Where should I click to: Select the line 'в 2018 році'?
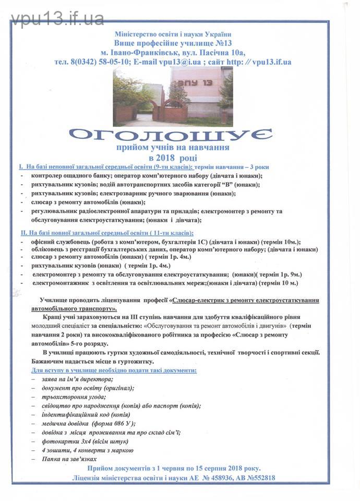pos(173,157)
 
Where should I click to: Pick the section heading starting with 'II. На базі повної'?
pos(107,233)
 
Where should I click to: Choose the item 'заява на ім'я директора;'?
pos(78,379)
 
